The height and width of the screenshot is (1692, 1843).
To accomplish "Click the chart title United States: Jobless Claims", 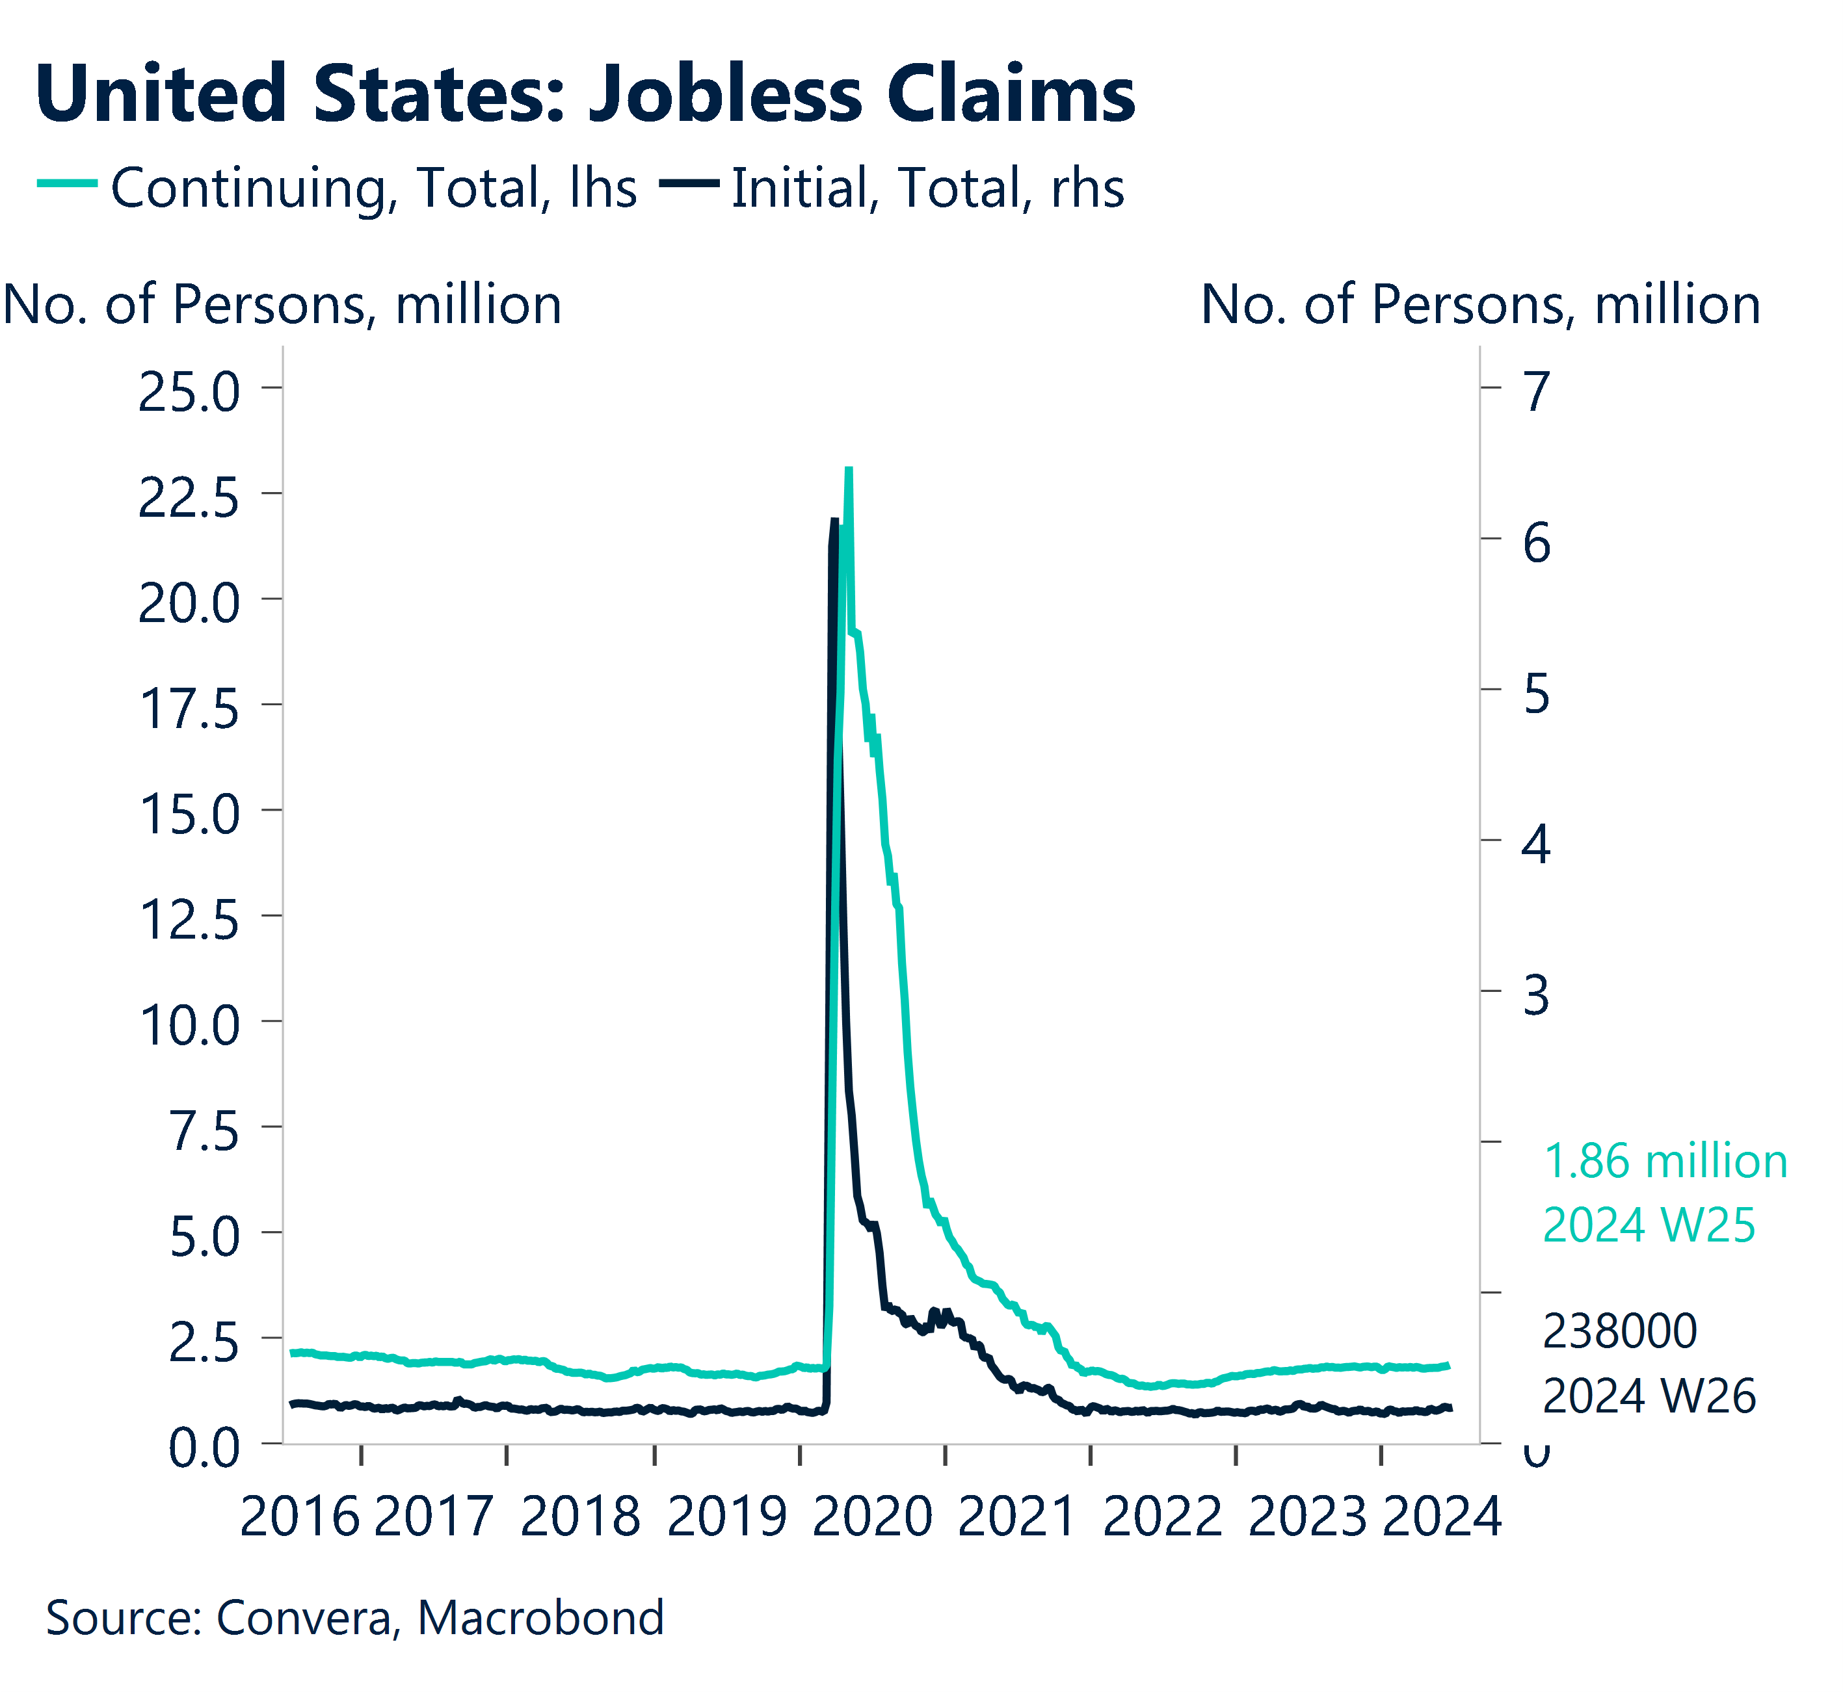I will (x=585, y=94).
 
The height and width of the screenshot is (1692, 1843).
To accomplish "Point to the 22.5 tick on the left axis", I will (x=189, y=499).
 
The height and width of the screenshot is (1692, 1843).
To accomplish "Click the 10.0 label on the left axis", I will (x=189, y=1026).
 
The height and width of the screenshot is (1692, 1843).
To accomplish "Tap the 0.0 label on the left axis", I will (x=204, y=1448).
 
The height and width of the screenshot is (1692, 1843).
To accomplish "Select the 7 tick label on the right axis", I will (x=1536, y=393).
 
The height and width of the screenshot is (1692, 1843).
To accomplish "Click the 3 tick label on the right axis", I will (x=1536, y=995).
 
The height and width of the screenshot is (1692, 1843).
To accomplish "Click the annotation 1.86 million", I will (x=1664, y=1162).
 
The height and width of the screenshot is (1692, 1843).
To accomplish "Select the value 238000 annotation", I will (x=1619, y=1331).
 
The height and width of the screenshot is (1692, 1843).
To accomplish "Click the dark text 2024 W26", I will (x=1648, y=1396).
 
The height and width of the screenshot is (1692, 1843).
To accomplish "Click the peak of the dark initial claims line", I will (x=834, y=522).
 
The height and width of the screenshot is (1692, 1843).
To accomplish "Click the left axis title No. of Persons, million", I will (x=282, y=305).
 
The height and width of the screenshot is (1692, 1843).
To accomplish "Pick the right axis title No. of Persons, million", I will (x=1479, y=305).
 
